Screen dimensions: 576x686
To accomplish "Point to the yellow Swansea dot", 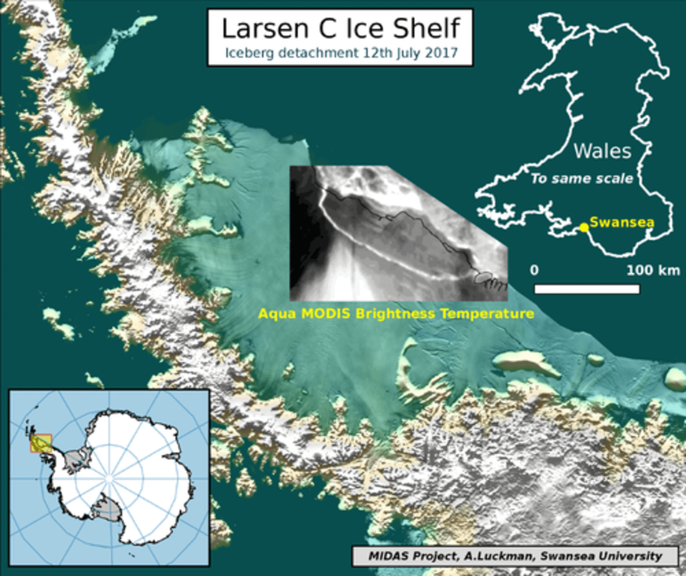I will pyautogui.click(x=584, y=227).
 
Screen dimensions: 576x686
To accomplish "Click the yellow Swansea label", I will pyautogui.click(x=622, y=222).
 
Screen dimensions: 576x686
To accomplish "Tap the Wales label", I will pyautogui.click(x=602, y=151).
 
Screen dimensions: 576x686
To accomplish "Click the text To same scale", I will pyautogui.click(x=582, y=179).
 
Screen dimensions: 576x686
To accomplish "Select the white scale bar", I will pyautogui.click(x=587, y=289).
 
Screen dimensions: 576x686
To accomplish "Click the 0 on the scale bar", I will pyautogui.click(x=534, y=270).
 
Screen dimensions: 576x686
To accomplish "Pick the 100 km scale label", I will pyautogui.click(x=652, y=270).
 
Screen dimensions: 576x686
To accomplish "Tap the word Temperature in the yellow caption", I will pyautogui.click(x=487, y=314).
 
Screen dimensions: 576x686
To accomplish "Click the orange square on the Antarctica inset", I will pyautogui.click(x=41, y=444).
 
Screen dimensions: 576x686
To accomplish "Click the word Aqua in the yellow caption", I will pyautogui.click(x=277, y=314).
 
